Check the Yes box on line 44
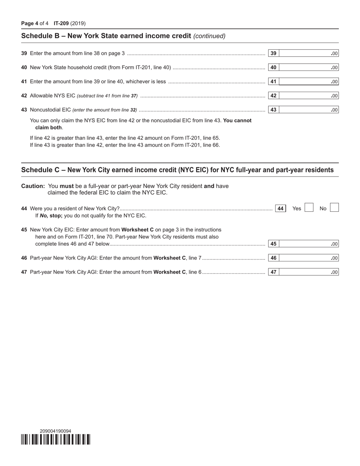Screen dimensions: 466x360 tap(309, 208)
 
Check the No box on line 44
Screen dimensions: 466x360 tap(334, 208)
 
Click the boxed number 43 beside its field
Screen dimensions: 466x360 tap(273, 110)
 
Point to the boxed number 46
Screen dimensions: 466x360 tap(273, 258)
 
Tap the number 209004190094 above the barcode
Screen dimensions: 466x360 tap(55, 431)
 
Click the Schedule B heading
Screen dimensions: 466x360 tap(106, 36)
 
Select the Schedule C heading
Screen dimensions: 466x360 tap(177, 170)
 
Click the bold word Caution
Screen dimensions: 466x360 tap(33, 186)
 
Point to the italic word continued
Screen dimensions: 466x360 tap(210, 36)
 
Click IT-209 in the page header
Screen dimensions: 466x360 tap(61, 23)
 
